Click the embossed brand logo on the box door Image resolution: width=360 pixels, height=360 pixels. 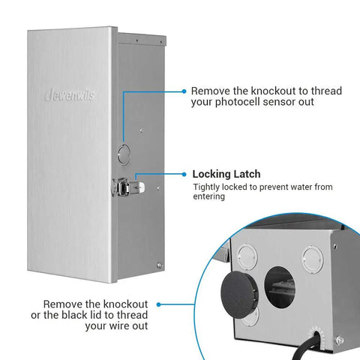[70, 94]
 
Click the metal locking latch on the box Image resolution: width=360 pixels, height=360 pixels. [127, 187]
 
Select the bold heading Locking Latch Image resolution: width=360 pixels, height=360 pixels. [226, 174]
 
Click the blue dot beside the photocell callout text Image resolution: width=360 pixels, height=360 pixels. [184, 91]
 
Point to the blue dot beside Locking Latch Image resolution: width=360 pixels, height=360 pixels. [184, 174]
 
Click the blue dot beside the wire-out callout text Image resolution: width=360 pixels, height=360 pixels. [158, 304]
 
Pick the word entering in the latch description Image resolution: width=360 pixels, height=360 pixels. [208, 196]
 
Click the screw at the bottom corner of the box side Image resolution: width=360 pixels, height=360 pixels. [159, 265]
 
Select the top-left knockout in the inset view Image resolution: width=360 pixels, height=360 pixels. [247, 257]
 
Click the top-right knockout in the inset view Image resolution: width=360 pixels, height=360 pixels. [313, 259]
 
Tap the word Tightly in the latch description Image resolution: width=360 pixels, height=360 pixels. [206, 187]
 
